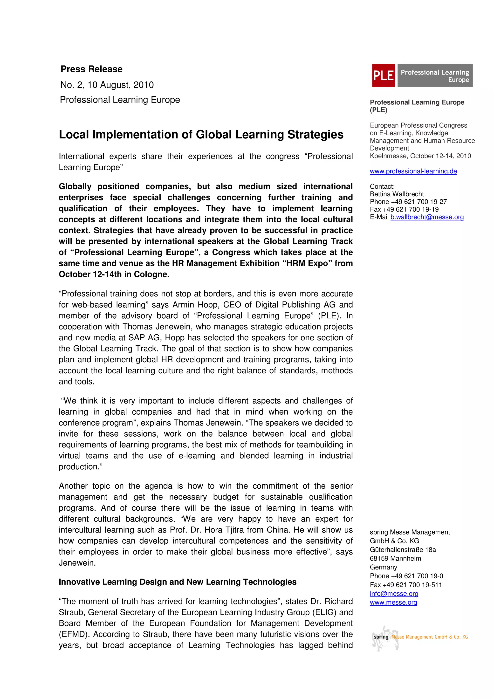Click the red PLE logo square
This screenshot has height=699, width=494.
click(x=383, y=75)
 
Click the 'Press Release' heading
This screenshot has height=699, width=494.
click(x=92, y=69)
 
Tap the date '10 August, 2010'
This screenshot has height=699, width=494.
click(x=121, y=85)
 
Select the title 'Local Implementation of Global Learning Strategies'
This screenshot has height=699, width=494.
click(x=201, y=135)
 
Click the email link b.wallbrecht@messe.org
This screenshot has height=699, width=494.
click(x=427, y=217)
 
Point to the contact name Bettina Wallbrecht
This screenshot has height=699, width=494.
click(x=397, y=194)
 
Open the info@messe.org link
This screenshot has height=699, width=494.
click(x=394, y=593)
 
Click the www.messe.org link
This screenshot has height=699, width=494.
click(x=393, y=602)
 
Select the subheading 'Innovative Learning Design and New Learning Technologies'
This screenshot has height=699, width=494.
click(x=178, y=582)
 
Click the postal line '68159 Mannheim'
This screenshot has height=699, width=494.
click(x=395, y=558)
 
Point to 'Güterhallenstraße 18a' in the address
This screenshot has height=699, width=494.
click(x=403, y=549)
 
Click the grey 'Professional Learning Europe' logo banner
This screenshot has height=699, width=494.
click(x=435, y=75)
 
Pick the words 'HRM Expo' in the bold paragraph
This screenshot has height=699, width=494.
click(x=309, y=263)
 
